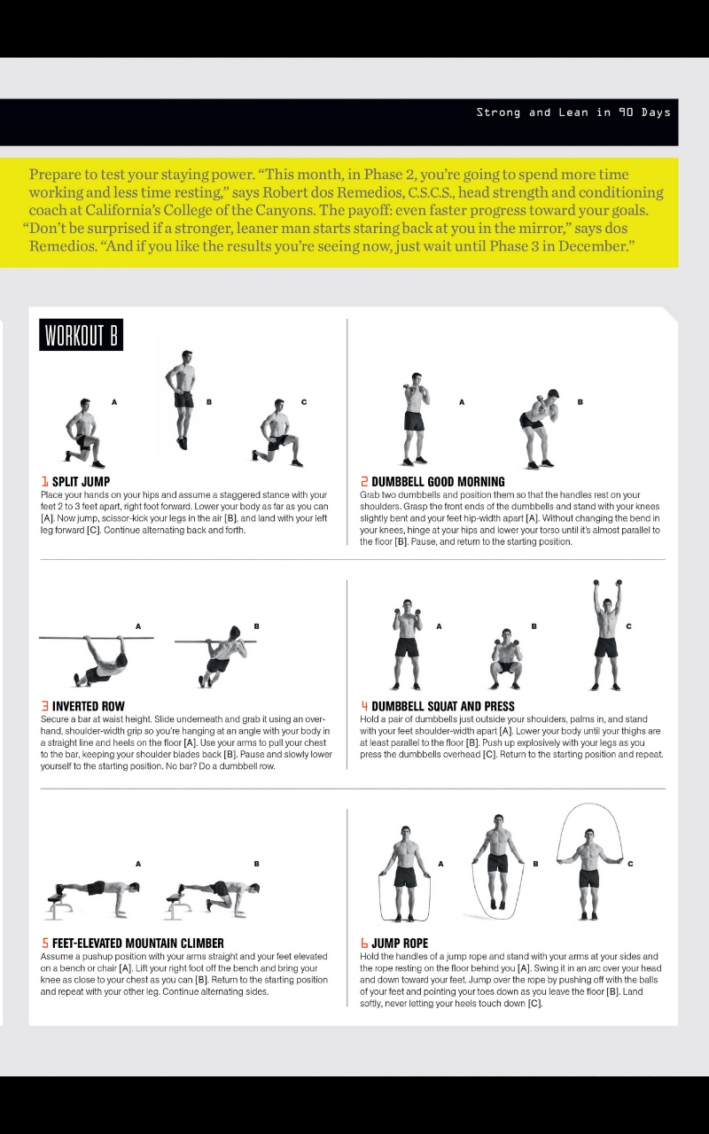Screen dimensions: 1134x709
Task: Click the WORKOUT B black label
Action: [x=81, y=336]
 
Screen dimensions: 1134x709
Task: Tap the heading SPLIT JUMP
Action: [x=81, y=482]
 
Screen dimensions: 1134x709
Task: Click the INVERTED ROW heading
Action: [x=88, y=707]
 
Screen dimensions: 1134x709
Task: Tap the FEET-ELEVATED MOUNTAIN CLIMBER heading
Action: [x=137, y=944]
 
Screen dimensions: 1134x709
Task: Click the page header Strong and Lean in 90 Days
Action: [x=573, y=113]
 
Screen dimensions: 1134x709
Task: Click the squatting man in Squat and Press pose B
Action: [x=506, y=660]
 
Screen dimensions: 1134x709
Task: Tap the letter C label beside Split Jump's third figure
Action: [x=303, y=402]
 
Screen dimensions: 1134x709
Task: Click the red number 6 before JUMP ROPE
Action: [x=363, y=944]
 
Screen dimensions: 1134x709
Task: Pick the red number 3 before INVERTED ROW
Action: [x=44, y=707]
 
